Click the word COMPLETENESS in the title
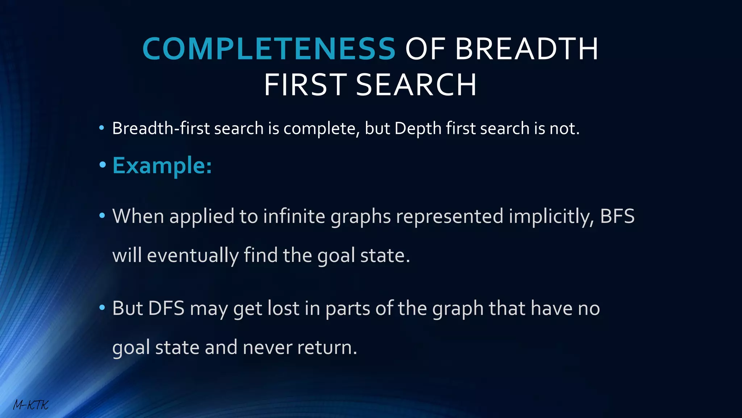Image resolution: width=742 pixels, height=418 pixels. [x=269, y=49]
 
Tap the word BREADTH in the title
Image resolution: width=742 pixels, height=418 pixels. [x=526, y=49]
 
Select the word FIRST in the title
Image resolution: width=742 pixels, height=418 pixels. [x=305, y=85]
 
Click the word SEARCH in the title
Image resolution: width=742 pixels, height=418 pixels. [x=416, y=85]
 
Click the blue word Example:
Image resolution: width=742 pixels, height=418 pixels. [x=162, y=165]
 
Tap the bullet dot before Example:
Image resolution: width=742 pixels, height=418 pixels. [x=103, y=165]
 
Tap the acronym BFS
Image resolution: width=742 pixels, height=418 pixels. [x=617, y=216]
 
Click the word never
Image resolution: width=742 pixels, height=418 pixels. [x=267, y=348]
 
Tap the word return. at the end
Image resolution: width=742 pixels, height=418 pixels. [x=327, y=348]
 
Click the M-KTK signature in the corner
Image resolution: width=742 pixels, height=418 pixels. [x=30, y=405]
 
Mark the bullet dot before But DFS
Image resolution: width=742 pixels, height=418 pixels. [x=103, y=308]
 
